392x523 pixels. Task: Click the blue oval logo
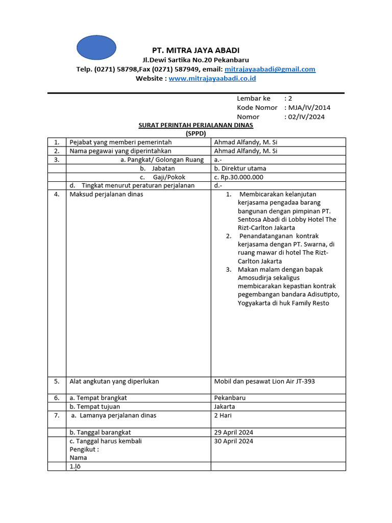pos(96,47)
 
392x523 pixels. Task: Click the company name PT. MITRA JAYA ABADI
pos(196,50)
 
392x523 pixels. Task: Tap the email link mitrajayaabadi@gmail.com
pos(270,69)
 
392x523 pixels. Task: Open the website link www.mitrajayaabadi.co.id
pos(212,78)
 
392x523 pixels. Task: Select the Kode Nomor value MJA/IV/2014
pos(309,107)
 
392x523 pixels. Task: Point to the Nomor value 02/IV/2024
pos(306,116)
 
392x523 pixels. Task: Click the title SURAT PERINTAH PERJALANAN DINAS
pos(196,125)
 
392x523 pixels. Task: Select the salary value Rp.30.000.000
pos(239,177)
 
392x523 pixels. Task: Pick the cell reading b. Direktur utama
pos(240,168)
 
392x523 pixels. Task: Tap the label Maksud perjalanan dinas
pos(106,194)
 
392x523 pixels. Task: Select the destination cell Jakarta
pos(225,407)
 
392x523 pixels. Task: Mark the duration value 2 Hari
pos(223,415)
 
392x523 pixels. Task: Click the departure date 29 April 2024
pos(234,432)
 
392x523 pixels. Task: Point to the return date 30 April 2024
pos(234,441)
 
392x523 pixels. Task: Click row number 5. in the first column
pos(57,381)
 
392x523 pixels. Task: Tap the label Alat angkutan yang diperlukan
pos(114,381)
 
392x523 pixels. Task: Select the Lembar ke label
pos(254,98)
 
